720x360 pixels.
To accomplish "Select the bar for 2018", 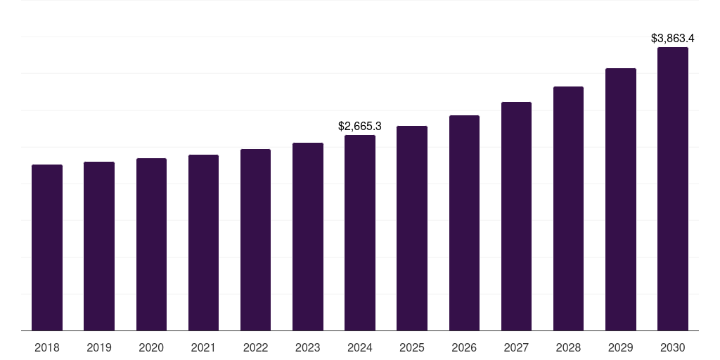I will pos(47,247).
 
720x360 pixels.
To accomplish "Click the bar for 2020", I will pos(151,244).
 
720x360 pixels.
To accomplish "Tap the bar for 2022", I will pos(255,240).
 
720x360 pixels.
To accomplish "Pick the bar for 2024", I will pos(360,233).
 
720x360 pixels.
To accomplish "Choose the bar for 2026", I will pos(464,223).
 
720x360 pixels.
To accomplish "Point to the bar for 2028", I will pos(568,208).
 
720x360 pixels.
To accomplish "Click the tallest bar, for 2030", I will pos(673,188).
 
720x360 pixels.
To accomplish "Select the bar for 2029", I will pos(621,199).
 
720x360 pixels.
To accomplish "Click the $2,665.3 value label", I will pos(360,127).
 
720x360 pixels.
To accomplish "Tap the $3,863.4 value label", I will pos(673,38).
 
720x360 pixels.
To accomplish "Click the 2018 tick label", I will pos(47,348).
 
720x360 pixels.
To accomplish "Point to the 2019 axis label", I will pos(99,348).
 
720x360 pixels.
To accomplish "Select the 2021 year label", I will pos(203,348).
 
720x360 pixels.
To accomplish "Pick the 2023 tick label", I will pos(308,348).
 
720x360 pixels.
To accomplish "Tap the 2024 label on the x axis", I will pos(360,348).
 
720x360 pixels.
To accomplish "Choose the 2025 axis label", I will pos(412,348).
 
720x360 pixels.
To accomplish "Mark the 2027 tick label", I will pos(516,348).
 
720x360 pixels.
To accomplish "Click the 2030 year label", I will pos(673,348).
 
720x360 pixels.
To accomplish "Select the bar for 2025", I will pos(412,228).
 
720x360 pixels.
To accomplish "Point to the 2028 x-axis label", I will pos(568,348).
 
